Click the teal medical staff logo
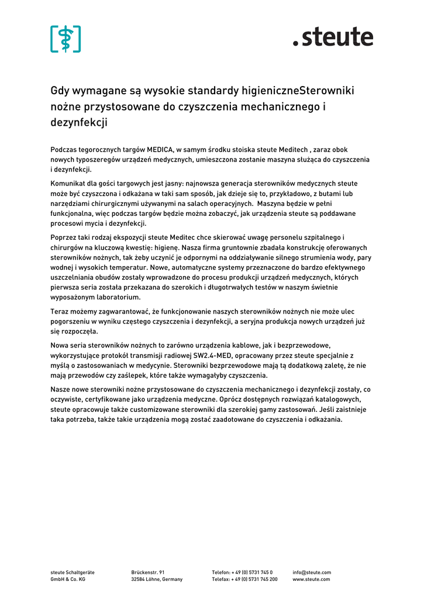coord(66,39)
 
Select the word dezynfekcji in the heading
coord(79,123)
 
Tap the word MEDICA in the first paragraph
coord(161,150)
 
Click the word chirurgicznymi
coord(108,204)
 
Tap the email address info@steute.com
coord(312,573)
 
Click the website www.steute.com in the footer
coord(311,580)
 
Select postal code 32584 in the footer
coord(139,580)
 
